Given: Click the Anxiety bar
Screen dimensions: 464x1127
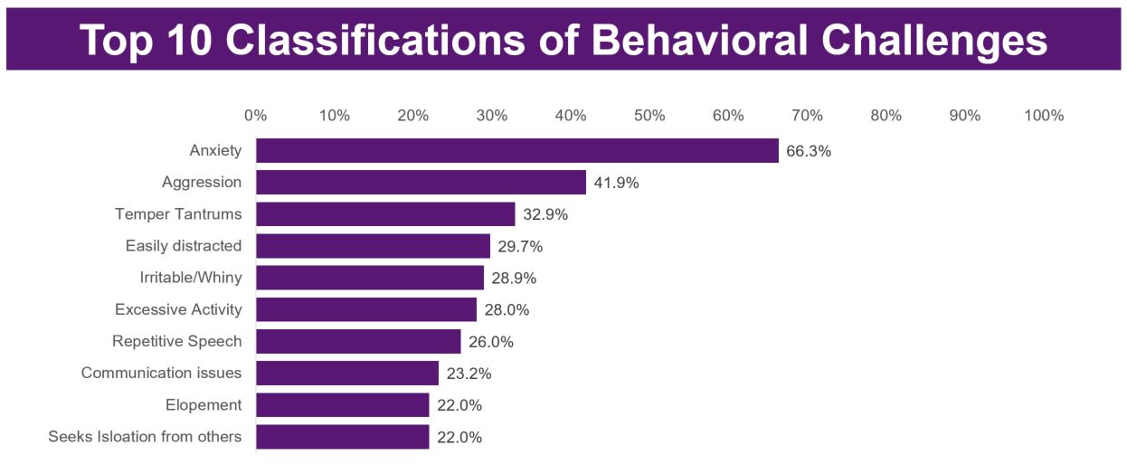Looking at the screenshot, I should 516,150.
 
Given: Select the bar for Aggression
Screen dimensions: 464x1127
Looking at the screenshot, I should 421,183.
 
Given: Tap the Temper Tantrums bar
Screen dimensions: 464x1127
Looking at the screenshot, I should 385,214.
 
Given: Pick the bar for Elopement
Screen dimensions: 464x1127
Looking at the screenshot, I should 342,405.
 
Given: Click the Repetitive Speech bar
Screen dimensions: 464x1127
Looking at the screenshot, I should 358,342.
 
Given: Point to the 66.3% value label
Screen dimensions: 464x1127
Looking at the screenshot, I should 808,151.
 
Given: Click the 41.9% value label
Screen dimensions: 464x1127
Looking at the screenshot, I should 616,183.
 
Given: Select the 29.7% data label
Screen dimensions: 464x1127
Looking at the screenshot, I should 520,246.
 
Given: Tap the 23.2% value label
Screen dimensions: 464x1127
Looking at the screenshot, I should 469,374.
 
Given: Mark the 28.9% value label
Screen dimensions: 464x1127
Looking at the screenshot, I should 514,278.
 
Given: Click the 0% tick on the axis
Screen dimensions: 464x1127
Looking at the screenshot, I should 256,116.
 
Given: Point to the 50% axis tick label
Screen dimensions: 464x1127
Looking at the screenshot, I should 649,116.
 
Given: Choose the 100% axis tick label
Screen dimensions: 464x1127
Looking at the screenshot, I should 1044,116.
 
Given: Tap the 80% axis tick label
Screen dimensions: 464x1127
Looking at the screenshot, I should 886,116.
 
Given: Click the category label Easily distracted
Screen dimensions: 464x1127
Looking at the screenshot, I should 184,246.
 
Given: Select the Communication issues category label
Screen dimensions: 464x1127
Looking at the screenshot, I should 161,373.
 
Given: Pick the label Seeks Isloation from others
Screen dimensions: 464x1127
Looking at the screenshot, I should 145,437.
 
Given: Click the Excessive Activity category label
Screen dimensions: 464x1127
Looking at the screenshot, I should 178,309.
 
